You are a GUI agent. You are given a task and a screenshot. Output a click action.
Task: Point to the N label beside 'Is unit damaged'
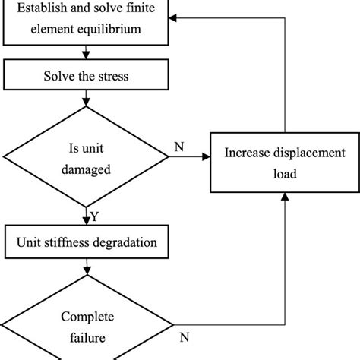click(178, 146)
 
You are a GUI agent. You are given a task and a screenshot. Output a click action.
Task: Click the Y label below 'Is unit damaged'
click(95, 217)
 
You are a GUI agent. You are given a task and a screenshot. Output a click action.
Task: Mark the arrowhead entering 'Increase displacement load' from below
click(285, 196)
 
